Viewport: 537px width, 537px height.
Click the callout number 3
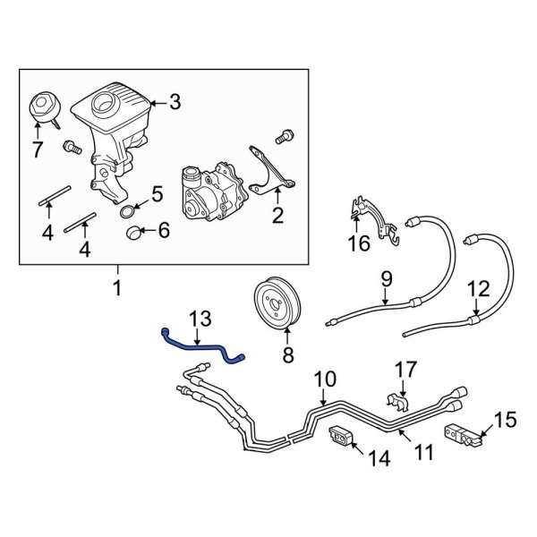pos(175,103)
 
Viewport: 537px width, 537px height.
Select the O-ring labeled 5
pos(128,210)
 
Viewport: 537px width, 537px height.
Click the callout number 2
pos(277,215)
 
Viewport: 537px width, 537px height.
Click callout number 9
pos(386,279)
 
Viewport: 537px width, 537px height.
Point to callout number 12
pos(480,289)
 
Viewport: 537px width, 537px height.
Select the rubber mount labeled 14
pos(341,439)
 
